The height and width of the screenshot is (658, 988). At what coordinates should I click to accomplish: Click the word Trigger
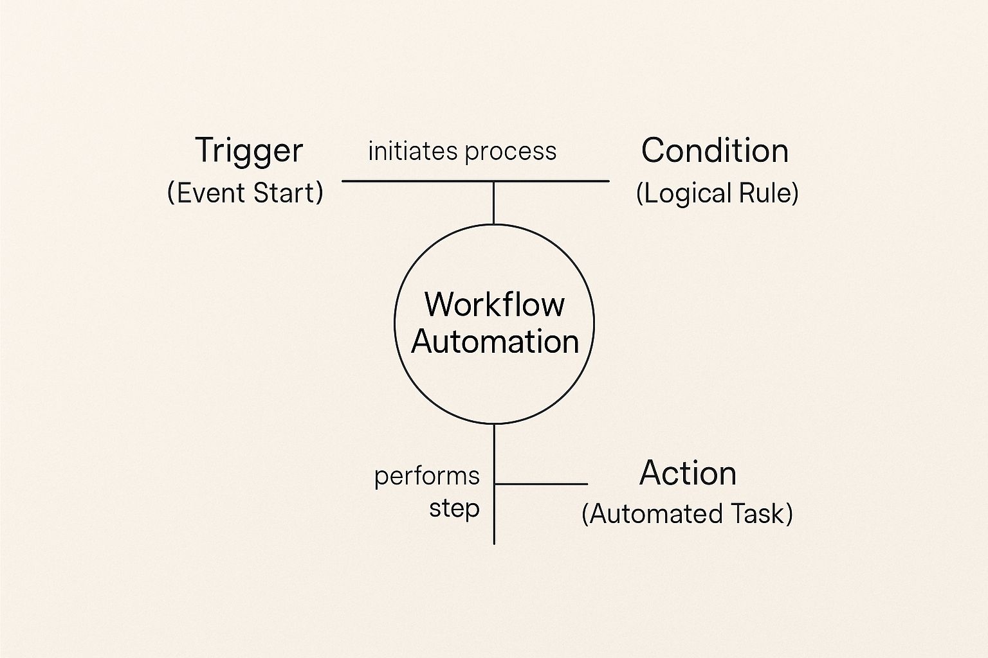click(248, 151)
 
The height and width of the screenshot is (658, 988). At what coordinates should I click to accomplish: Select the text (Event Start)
click(245, 193)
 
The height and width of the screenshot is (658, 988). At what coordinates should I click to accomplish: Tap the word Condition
click(715, 151)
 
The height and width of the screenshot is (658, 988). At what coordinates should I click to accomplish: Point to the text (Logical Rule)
click(717, 193)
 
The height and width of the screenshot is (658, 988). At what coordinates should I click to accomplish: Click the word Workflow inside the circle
click(494, 304)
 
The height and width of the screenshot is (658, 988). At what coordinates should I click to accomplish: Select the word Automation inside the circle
click(495, 341)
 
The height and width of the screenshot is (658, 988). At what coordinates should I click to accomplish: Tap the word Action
click(688, 474)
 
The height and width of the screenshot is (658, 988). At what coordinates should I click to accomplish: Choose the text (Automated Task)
click(687, 514)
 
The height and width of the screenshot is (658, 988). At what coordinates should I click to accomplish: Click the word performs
click(426, 477)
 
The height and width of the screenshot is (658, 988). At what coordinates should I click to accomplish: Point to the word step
click(454, 509)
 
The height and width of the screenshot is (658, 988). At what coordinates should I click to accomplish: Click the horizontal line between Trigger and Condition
click(418, 181)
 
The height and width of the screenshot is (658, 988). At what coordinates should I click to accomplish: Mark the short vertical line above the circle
click(493, 203)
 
